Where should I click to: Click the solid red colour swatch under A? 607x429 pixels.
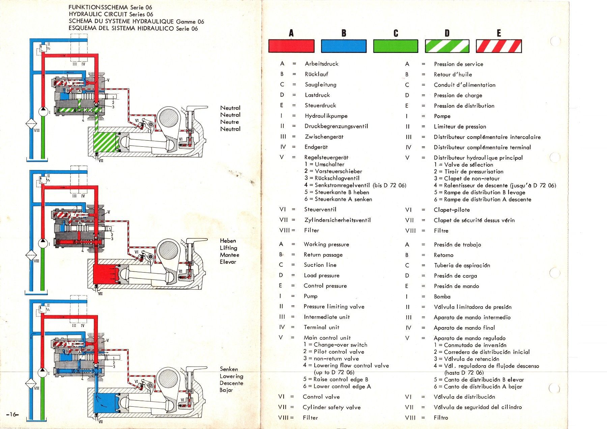click(x=291, y=46)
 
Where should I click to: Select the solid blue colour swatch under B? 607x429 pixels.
click(x=344, y=46)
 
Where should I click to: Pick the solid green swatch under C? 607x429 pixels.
click(x=396, y=46)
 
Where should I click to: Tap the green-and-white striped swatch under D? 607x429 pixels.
click(x=447, y=46)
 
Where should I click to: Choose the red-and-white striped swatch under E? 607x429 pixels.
click(x=499, y=46)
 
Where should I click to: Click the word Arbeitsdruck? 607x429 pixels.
click(x=321, y=64)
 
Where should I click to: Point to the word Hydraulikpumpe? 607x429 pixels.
click(x=326, y=116)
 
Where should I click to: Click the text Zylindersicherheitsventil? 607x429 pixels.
click(x=337, y=220)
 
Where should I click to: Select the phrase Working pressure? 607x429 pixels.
click(x=326, y=245)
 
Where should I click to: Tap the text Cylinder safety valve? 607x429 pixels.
click(x=331, y=407)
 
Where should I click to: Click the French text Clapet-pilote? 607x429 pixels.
click(x=452, y=210)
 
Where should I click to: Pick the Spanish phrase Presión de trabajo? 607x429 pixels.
click(x=457, y=245)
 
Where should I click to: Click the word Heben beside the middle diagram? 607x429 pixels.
click(x=228, y=241)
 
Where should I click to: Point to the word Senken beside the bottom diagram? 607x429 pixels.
click(x=229, y=369)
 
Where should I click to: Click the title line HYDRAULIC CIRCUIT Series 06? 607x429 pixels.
click(x=111, y=14)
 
